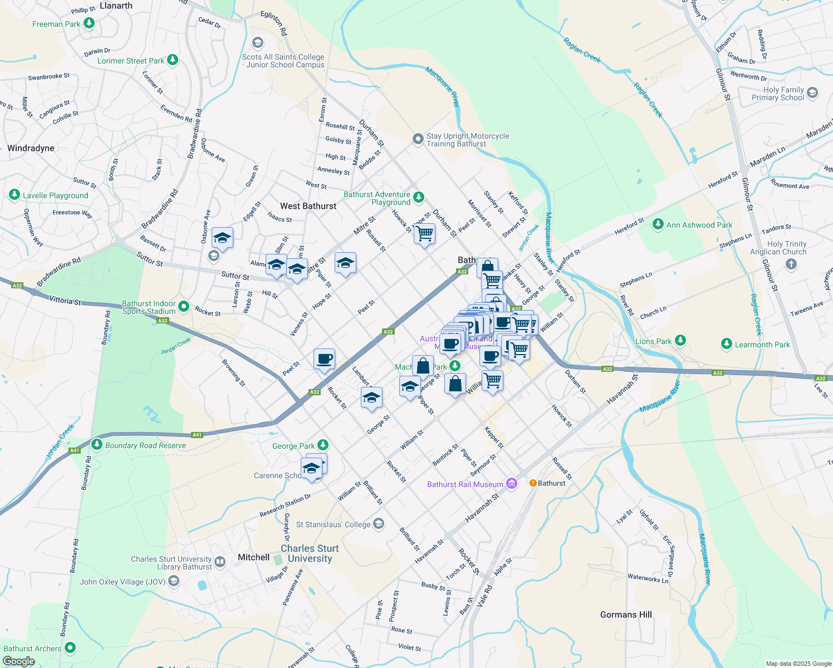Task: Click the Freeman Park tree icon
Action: [89, 23]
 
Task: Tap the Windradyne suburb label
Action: [31, 148]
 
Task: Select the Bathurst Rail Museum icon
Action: [512, 484]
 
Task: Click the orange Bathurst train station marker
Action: [533, 483]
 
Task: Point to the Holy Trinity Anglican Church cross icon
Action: [791, 264]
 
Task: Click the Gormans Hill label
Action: [626, 615]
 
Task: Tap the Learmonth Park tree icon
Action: [726, 344]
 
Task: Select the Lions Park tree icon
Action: [680, 340]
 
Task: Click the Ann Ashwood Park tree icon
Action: [658, 224]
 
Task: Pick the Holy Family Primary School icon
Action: [812, 93]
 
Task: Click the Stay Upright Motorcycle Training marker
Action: [418, 139]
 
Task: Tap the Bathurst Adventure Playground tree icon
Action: [419, 198]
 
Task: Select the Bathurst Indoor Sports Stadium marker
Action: [184, 307]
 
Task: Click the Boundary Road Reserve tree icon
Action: [97, 445]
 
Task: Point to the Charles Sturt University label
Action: [310, 553]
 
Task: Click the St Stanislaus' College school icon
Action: [379, 524]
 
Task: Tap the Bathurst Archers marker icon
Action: [70, 647]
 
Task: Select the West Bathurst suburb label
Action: [308, 206]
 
